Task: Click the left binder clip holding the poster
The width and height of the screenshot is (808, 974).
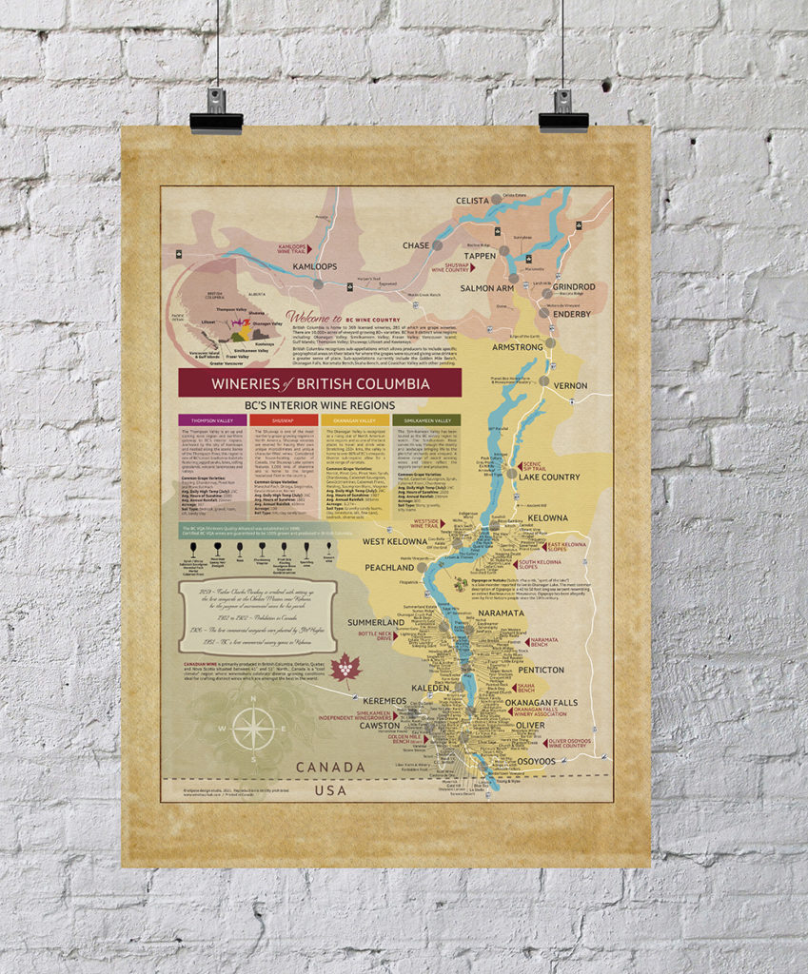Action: pos(216,116)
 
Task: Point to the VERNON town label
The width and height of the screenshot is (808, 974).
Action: pos(571,385)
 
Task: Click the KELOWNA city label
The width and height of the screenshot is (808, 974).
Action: pos(547,518)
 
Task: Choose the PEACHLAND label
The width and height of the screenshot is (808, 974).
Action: pos(389,567)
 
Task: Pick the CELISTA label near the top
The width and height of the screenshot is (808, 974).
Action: pos(472,201)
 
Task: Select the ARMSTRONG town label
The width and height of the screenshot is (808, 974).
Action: pos(517,347)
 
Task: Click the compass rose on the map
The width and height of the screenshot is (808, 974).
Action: pos(253,730)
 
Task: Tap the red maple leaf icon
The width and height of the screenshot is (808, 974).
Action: pos(344,670)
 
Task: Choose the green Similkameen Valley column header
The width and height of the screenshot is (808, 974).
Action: pos(426,419)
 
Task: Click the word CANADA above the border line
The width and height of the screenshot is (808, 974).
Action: pos(330,767)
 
